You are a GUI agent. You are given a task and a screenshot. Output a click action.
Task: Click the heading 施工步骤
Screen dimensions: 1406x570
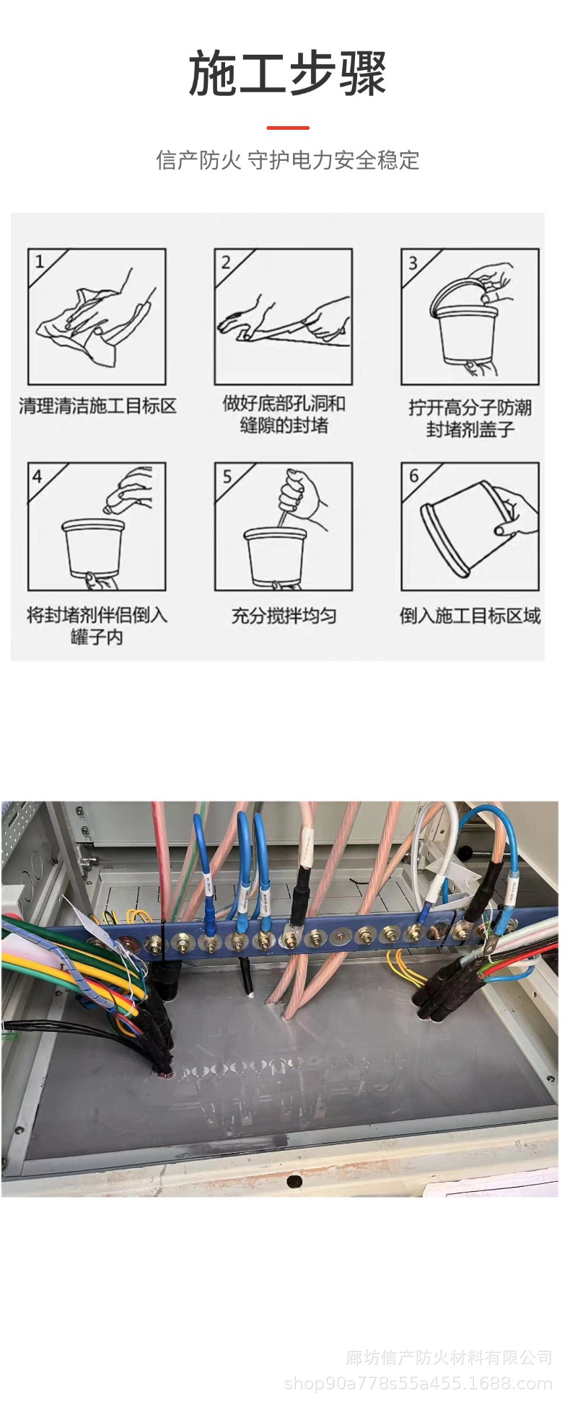pyautogui.click(x=287, y=74)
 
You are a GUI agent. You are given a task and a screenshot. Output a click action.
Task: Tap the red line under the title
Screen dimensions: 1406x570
pyautogui.click(x=287, y=128)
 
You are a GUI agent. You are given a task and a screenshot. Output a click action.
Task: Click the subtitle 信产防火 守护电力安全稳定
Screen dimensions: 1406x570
pyautogui.click(x=287, y=160)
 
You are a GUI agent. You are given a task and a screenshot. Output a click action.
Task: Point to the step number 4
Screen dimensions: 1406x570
pyautogui.click(x=38, y=476)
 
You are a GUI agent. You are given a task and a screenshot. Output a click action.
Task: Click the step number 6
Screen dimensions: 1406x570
pyautogui.click(x=413, y=476)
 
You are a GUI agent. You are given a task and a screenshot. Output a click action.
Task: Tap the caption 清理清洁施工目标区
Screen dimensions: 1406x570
pyautogui.click(x=97, y=406)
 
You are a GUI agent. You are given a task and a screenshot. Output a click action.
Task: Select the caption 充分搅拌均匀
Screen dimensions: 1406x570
pyautogui.click(x=284, y=616)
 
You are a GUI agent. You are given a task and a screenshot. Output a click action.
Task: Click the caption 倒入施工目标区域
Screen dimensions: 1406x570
pyautogui.click(x=470, y=616)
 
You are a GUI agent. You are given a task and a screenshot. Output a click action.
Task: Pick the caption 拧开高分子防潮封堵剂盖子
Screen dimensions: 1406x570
pyautogui.click(x=470, y=418)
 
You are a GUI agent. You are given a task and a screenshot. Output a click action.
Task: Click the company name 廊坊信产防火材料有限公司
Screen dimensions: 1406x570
pyautogui.click(x=449, y=1358)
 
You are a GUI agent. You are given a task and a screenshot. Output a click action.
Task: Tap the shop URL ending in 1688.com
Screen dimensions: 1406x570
pyautogui.click(x=418, y=1383)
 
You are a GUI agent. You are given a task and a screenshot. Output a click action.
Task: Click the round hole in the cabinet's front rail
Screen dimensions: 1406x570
pyautogui.click(x=294, y=1181)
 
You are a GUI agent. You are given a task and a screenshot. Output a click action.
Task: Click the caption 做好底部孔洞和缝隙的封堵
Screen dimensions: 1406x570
pyautogui.click(x=284, y=415)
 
